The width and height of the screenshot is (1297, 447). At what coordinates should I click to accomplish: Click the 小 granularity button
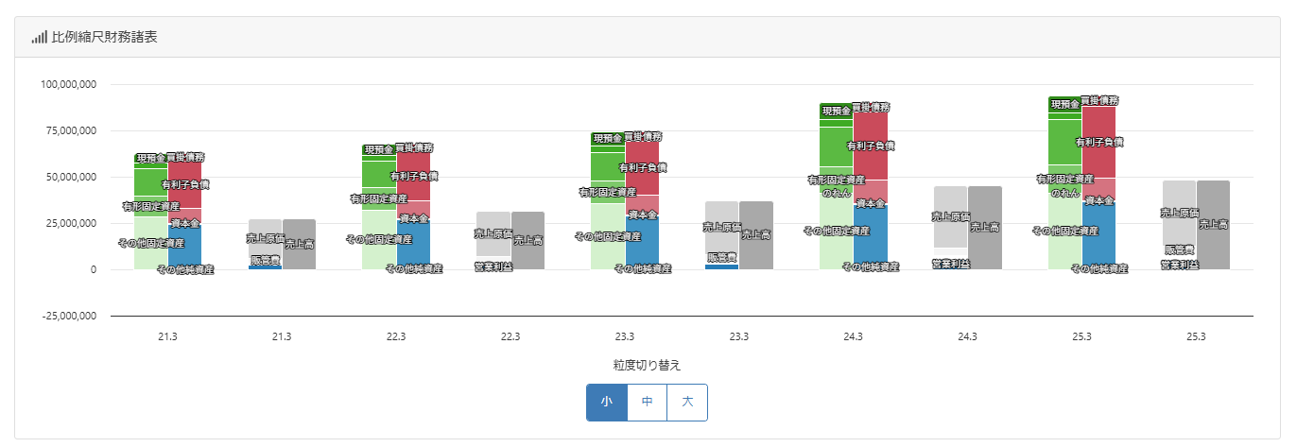coord(606,402)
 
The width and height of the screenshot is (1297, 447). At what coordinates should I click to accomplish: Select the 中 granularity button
coord(648,402)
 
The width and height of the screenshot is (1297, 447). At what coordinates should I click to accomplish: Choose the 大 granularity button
coord(687,402)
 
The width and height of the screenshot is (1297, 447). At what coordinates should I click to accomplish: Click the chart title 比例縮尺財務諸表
coord(104,38)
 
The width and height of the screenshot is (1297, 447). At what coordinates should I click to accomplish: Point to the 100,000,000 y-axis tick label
coord(69,85)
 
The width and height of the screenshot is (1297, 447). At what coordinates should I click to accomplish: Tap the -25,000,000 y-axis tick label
coord(69,316)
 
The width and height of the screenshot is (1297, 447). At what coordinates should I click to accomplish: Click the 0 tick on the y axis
coord(93,269)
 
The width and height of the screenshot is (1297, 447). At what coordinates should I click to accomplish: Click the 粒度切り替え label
coord(647,365)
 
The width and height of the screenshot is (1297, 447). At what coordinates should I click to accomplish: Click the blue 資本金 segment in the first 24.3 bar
coord(870,241)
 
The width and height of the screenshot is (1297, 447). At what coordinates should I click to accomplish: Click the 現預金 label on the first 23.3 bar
coord(608,139)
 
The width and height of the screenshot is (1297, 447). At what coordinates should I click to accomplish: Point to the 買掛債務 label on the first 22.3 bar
coord(413,148)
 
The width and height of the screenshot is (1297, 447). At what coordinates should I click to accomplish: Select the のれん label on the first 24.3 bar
coord(836,192)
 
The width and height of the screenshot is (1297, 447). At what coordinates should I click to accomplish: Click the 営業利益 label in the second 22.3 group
coord(493,267)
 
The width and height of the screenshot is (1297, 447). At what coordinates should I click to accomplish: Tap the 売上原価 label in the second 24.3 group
coord(950,216)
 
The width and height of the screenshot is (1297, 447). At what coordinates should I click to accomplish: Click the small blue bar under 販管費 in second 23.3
coord(721,266)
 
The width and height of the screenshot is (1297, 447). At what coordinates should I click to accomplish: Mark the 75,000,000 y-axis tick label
coord(69,131)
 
